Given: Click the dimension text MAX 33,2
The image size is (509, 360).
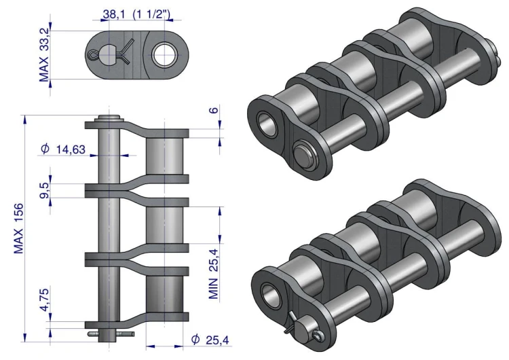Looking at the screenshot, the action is [44, 55].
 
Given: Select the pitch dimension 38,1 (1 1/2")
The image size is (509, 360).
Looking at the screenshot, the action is [136, 14].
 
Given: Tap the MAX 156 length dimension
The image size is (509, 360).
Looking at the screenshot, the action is [18, 228].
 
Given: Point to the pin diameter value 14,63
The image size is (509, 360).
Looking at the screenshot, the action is [71, 149].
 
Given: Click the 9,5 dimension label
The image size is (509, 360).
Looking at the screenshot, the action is [45, 190].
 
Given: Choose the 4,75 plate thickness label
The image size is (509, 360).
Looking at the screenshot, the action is [45, 300].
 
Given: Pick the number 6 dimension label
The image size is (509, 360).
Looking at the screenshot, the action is [214, 110].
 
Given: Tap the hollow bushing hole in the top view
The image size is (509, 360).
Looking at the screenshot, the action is [164, 54].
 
